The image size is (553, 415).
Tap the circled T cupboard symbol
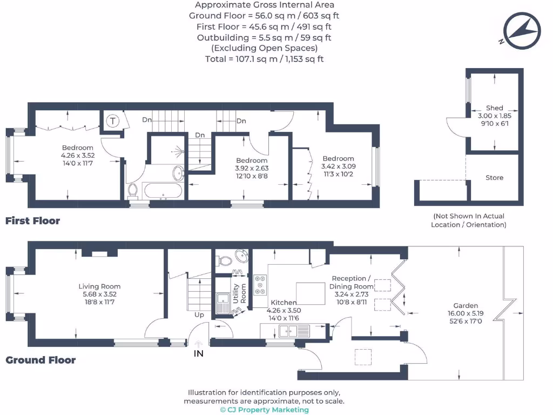[113, 121]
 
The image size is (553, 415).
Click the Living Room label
[99, 286]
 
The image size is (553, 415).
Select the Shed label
[494, 108]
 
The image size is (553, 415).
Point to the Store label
[494, 178]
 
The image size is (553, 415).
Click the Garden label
[466, 305]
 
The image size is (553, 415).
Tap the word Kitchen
[284, 303]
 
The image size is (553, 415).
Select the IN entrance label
[199, 354]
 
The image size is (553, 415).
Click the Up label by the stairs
[199, 314]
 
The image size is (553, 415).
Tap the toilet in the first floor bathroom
[133, 190]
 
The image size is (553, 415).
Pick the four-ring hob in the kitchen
[260, 284]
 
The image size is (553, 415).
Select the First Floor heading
[32, 220]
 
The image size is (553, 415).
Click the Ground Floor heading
[41, 360]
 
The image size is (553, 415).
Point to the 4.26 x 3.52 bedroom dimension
[77, 155]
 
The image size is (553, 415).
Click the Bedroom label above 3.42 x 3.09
[338, 159]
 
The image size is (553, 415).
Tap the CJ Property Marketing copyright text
[265, 410]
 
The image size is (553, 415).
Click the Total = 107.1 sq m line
[264, 59]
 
